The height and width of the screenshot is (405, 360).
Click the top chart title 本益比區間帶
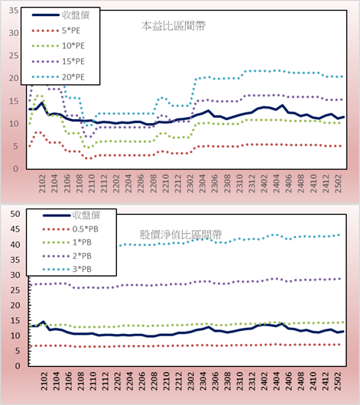(x=174, y=26)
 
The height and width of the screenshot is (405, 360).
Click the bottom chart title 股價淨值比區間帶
(x=180, y=235)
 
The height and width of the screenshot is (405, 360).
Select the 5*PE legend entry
(x=56, y=31)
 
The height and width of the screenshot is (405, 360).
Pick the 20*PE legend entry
(x=58, y=77)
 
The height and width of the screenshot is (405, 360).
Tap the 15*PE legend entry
(x=58, y=61)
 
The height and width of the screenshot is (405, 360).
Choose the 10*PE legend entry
(x=58, y=46)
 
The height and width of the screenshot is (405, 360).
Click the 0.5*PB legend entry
(x=70, y=229)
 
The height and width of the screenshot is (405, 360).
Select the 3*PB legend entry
(x=67, y=269)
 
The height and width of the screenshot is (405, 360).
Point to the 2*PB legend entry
(x=67, y=256)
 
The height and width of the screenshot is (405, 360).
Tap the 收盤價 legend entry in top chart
(x=60, y=15)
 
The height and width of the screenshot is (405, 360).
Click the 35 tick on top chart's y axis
(x=14, y=11)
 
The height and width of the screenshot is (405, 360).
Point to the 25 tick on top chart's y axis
(x=14, y=56)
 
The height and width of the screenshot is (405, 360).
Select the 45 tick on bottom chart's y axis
(x=15, y=229)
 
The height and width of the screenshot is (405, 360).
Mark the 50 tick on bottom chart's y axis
(x=15, y=214)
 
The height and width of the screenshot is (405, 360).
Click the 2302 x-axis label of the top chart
(x=190, y=183)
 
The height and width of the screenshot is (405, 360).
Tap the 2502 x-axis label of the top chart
(x=338, y=183)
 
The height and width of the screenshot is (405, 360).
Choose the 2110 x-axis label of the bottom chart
(x=92, y=381)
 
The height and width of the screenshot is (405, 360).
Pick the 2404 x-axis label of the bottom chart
(x=276, y=381)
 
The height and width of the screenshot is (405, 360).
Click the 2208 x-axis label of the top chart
(x=154, y=183)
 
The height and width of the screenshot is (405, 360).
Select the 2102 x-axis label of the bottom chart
(x=44, y=381)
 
